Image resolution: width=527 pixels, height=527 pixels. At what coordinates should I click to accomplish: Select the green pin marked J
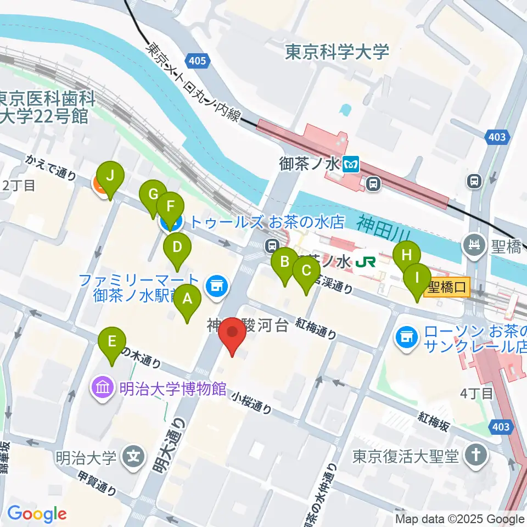(110, 177)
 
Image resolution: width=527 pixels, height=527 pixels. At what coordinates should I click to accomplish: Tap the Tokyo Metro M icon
(351, 164)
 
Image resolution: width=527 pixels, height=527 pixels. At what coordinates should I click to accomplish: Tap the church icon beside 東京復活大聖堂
(472, 455)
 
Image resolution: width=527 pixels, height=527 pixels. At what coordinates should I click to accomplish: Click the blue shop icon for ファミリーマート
(215, 285)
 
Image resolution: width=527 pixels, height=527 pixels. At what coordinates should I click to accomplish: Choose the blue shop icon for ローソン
(406, 337)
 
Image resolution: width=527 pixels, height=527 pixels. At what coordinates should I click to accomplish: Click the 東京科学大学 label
(337, 52)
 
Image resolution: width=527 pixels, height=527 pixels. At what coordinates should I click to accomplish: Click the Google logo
(36, 514)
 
